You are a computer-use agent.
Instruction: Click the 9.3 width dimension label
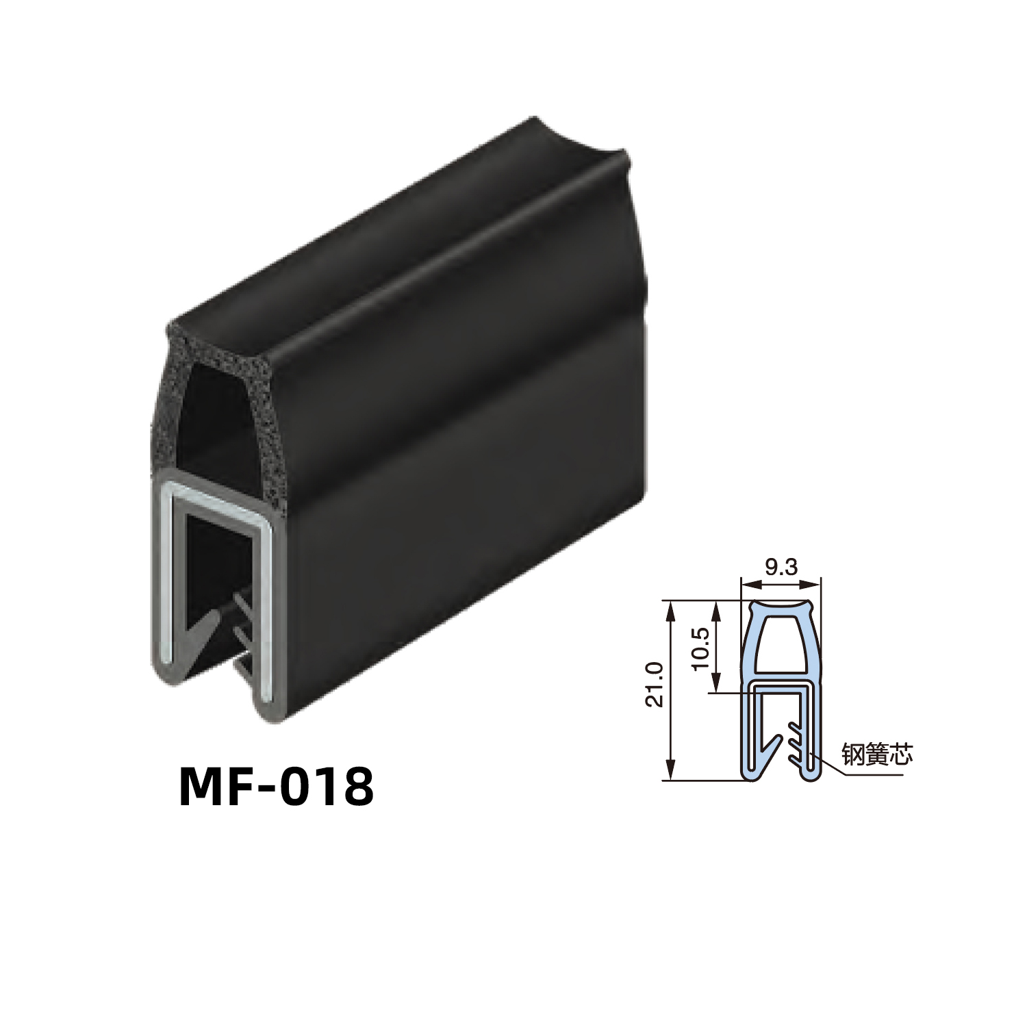click(781, 567)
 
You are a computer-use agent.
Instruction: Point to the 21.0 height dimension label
click(655, 685)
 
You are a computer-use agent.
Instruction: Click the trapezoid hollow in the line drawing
click(781, 642)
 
